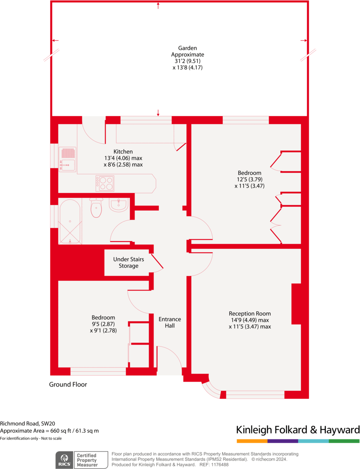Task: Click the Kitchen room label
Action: [x=123, y=152]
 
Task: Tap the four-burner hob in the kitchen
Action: [x=104, y=184]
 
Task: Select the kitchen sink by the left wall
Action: [x=68, y=159]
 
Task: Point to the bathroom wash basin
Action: [x=118, y=204]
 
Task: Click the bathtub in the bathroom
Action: [x=70, y=222]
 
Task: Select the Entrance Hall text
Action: [x=170, y=322]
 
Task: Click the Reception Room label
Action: [x=250, y=314]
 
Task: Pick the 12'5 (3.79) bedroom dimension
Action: [x=250, y=179]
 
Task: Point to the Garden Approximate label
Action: [x=188, y=51]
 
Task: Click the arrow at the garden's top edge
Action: [x=158, y=5]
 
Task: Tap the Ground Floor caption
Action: [x=68, y=385]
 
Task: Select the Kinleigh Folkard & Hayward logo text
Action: [x=298, y=430]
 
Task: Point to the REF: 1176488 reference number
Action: [x=214, y=464]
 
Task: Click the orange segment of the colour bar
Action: [x=252, y=441]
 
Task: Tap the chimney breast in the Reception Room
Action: [x=296, y=304]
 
